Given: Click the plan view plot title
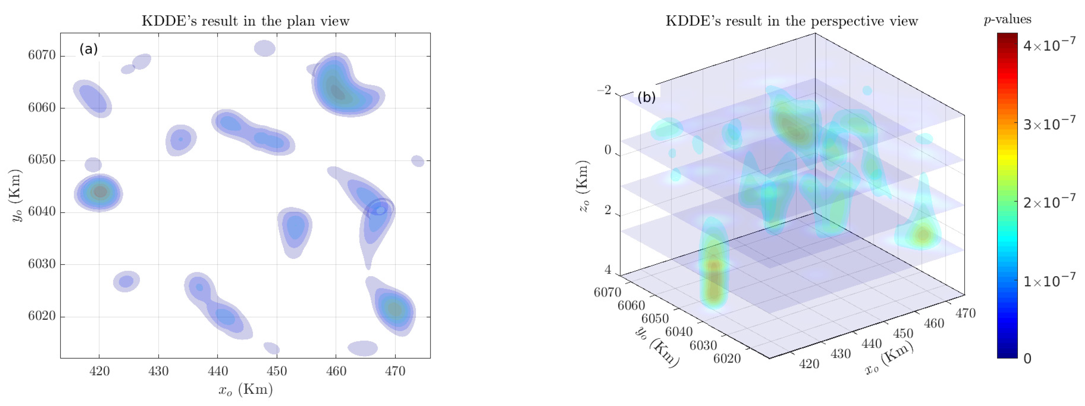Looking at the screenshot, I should pos(245,21).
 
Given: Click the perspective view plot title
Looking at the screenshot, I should pos(791,21).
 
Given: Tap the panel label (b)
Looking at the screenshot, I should pos(647,97).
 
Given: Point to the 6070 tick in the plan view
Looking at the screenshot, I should pos(41,55).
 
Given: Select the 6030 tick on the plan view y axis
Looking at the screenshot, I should pos(41,264).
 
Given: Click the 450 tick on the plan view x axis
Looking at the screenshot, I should pos(277,371).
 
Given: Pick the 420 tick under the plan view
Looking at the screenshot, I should pos(99,371).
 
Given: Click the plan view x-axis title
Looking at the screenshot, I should pos(245,390).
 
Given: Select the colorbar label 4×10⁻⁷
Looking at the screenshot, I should pos(1049,45).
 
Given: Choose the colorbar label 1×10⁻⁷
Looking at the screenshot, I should pos(1049,281).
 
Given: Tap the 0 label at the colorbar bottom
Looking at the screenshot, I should pos(1027,359).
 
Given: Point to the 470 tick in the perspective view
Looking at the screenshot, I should pos(965,313).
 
